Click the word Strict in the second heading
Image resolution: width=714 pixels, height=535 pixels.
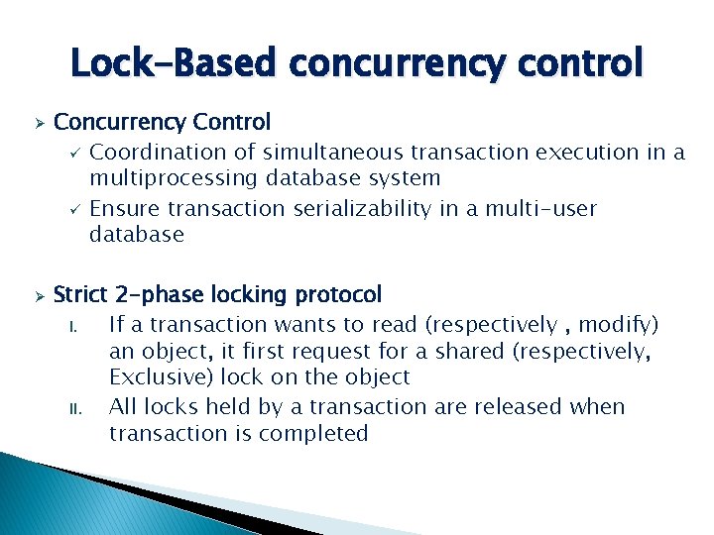tap(82, 294)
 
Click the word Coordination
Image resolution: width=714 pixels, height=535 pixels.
tap(159, 152)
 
